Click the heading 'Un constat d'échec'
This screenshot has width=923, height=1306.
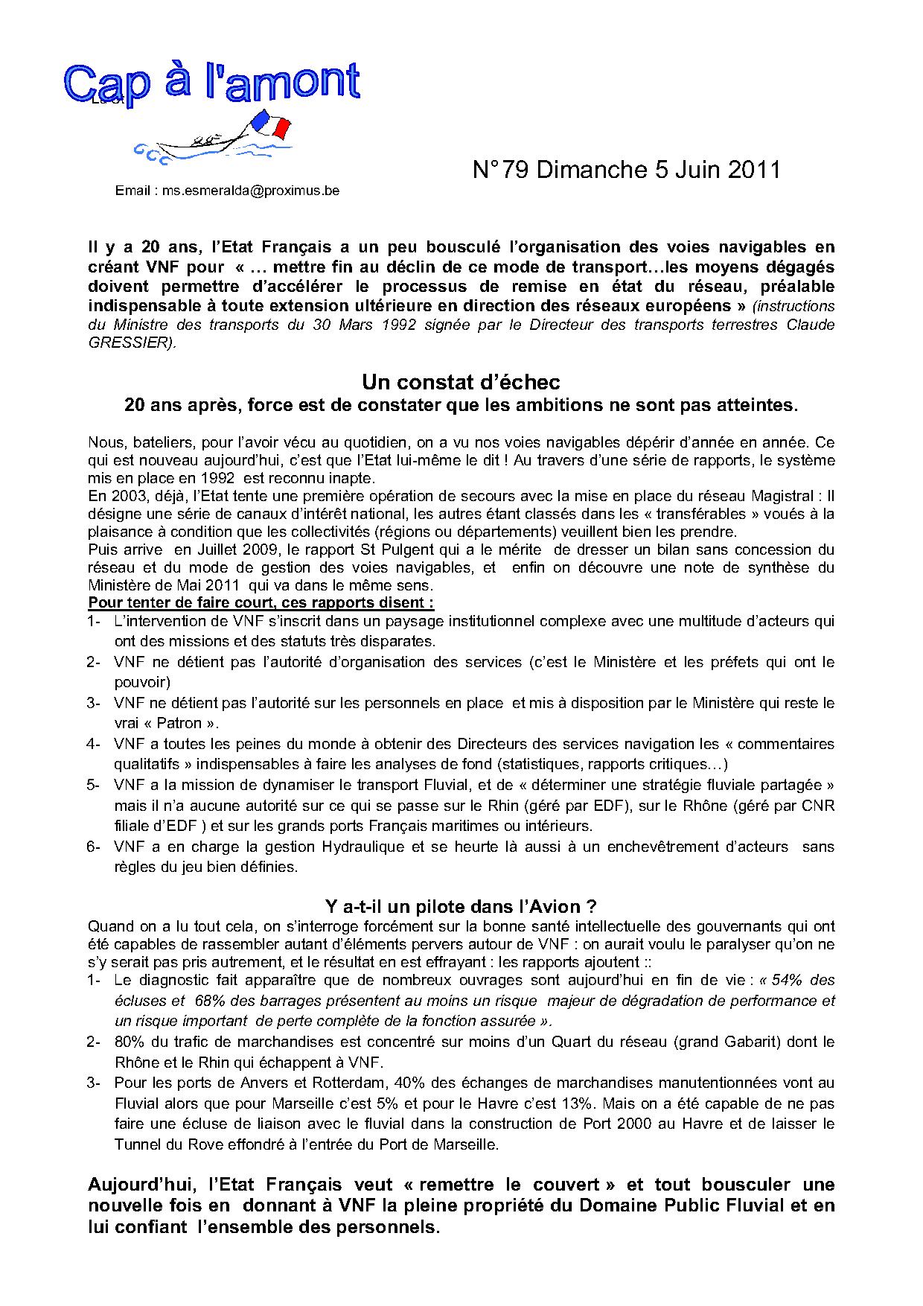[461, 382]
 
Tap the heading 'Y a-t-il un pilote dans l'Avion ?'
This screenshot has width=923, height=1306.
[461, 906]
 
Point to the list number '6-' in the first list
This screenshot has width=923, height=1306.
[95, 847]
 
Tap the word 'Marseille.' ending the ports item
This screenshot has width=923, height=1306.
[461, 1144]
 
